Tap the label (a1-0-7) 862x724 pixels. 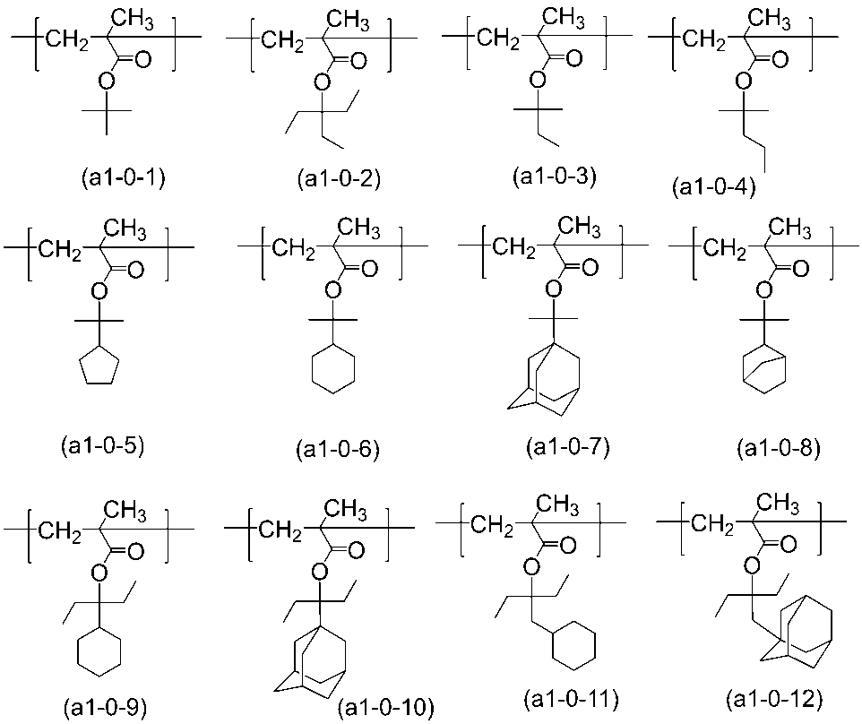(x=567, y=445)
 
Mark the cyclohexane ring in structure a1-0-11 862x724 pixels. (x=573, y=648)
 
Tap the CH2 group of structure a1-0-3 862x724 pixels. (x=491, y=39)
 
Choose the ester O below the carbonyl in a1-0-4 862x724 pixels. (x=740, y=82)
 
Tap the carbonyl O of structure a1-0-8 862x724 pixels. (x=798, y=269)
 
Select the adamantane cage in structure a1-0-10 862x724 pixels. (x=319, y=654)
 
